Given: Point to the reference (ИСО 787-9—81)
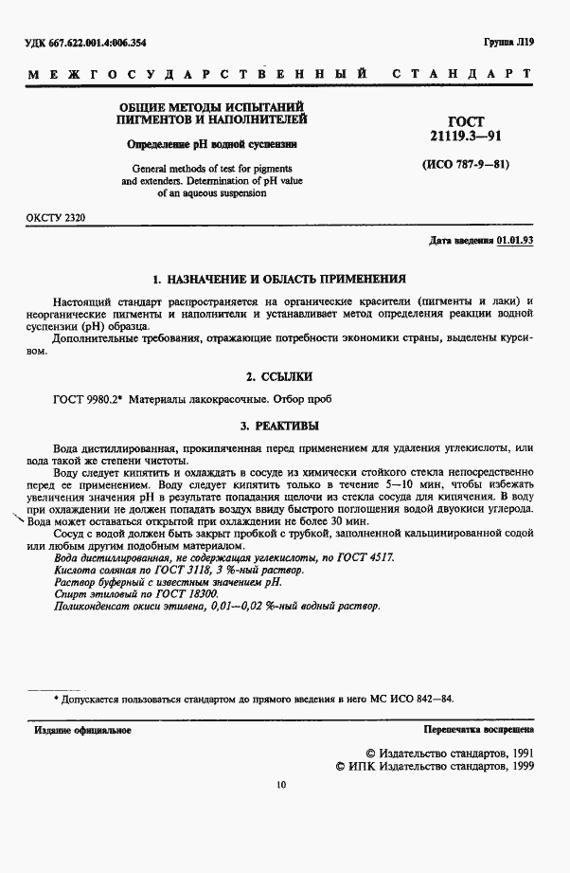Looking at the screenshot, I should click(x=465, y=164).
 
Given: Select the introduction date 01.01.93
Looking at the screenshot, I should click(x=515, y=241).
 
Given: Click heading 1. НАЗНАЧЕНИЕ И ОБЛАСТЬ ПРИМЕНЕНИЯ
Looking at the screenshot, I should click(x=279, y=280).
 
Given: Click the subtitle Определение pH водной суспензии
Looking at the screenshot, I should click(x=212, y=145).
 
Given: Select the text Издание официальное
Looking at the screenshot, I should click(x=82, y=730).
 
